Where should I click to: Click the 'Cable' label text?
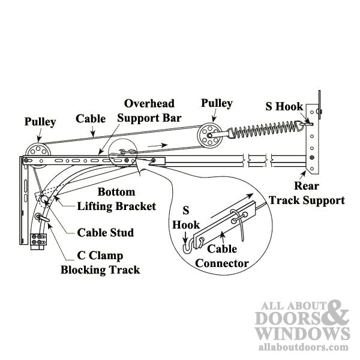(x=90, y=119)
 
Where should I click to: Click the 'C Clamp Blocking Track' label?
(x=100, y=262)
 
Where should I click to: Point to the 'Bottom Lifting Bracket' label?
(x=118, y=199)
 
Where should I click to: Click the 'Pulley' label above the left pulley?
(x=40, y=122)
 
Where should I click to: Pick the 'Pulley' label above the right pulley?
(x=216, y=103)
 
